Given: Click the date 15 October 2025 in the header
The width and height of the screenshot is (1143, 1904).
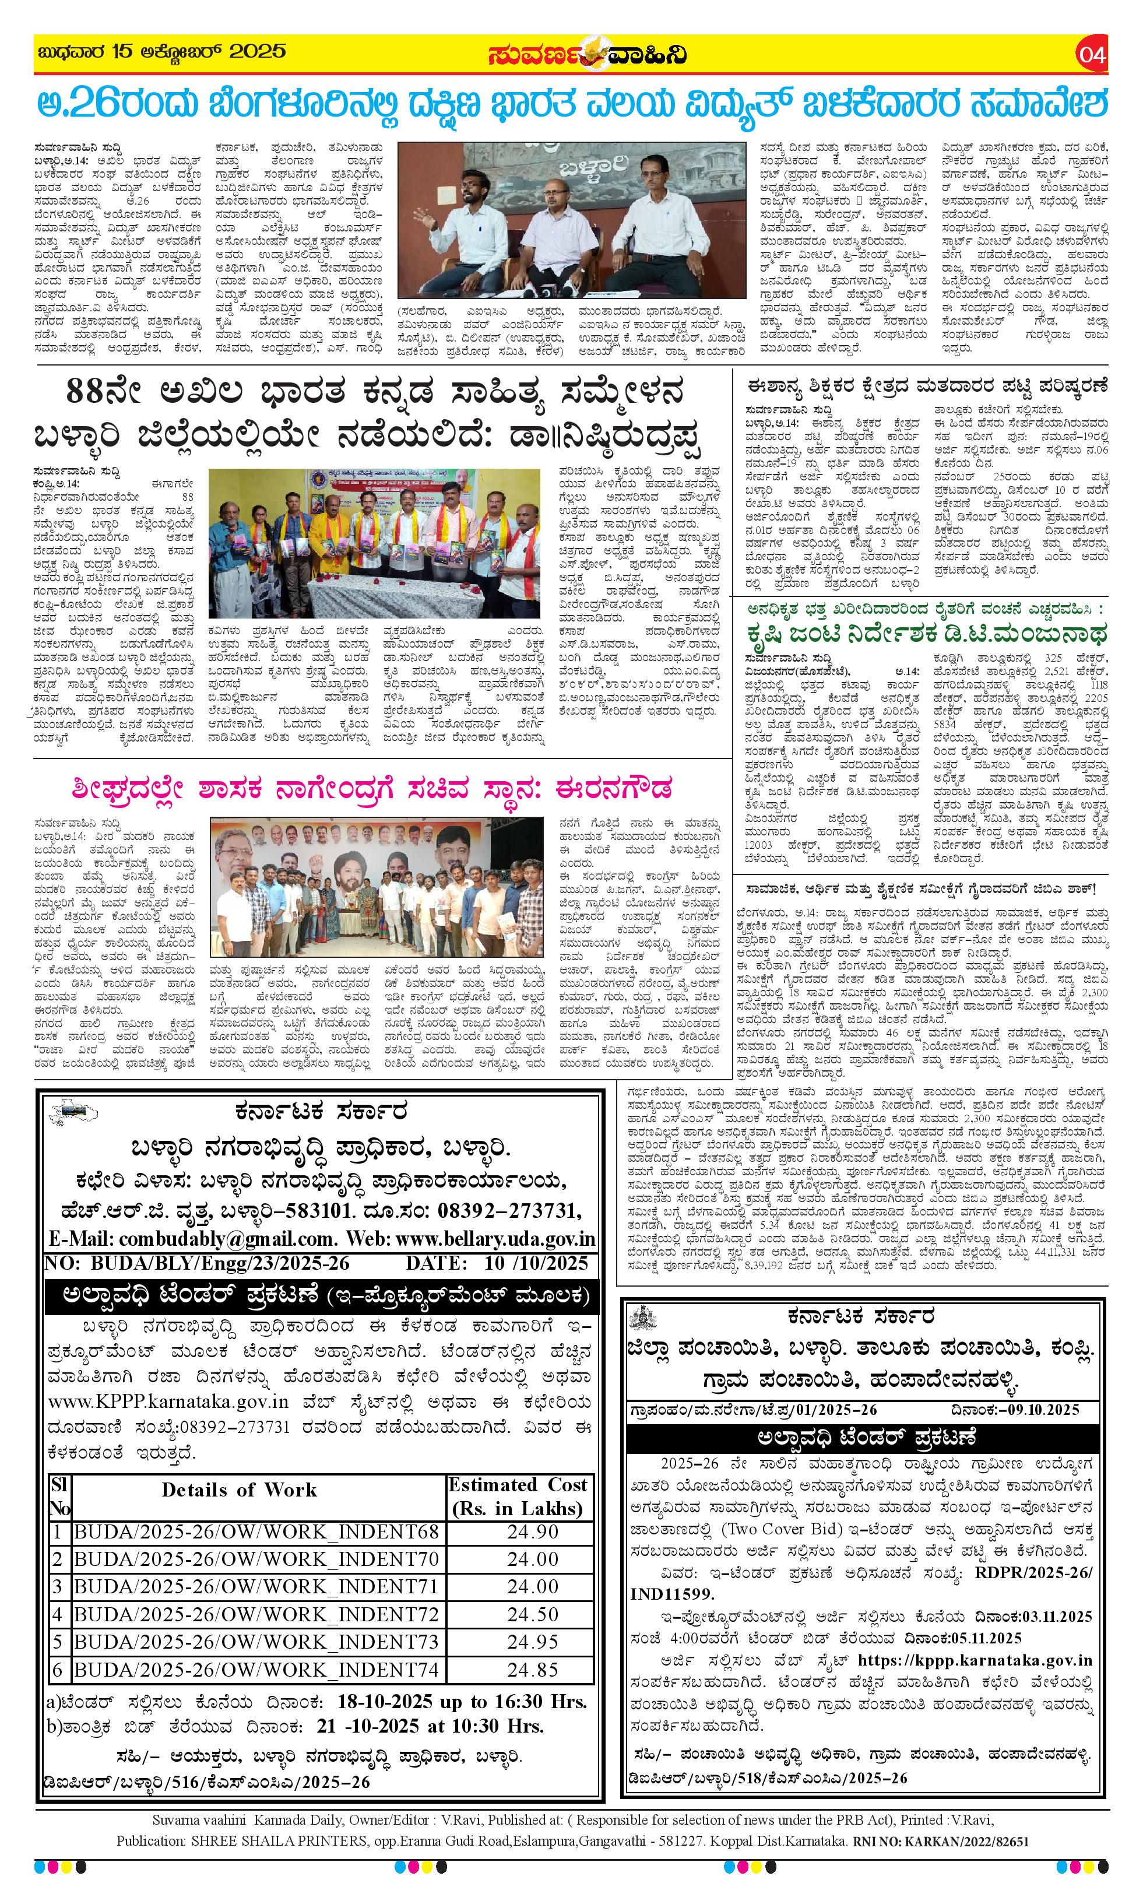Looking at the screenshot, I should click(163, 52).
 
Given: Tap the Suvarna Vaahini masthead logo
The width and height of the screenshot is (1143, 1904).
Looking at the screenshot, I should click(587, 55).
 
